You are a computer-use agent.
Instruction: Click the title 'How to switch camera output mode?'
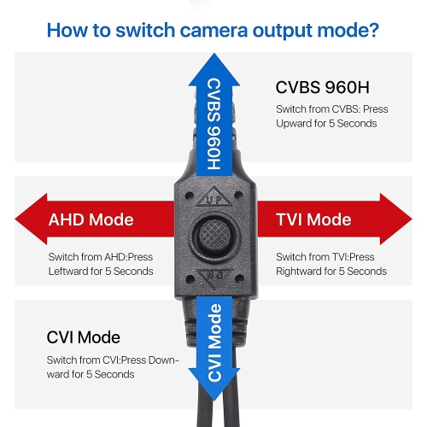[x=213, y=31]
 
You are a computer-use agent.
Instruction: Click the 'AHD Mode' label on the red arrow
[x=91, y=219]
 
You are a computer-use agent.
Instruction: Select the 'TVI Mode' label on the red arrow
[x=313, y=219]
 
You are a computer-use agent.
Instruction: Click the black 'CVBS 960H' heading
[x=324, y=87]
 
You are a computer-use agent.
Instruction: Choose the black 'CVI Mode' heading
[x=84, y=337]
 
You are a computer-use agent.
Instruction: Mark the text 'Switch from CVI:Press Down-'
[x=113, y=360]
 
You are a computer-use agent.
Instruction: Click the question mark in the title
[x=372, y=31]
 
